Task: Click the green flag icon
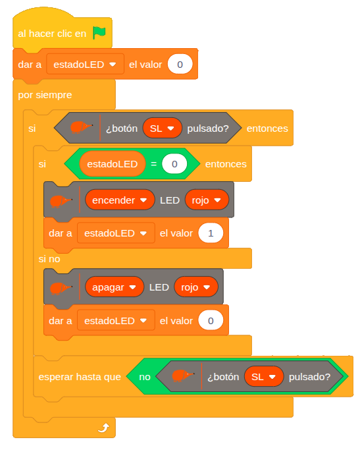click(x=99, y=33)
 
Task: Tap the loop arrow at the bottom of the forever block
click(x=103, y=428)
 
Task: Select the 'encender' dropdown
click(x=120, y=200)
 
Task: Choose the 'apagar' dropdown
click(x=115, y=287)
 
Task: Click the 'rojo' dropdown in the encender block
click(x=207, y=200)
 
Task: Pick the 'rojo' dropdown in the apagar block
click(x=196, y=287)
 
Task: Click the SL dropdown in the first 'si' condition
click(x=162, y=128)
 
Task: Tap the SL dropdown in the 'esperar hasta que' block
click(x=264, y=376)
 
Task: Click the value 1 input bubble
click(x=211, y=233)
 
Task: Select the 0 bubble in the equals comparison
click(x=174, y=164)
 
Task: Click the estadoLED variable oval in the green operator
click(x=113, y=164)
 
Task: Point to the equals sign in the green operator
click(x=153, y=164)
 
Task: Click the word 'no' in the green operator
click(x=145, y=377)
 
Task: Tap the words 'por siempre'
click(x=45, y=95)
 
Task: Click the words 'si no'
click(x=49, y=259)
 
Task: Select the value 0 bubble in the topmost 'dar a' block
click(x=180, y=65)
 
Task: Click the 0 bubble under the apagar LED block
click(x=211, y=321)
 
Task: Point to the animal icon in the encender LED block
click(x=61, y=201)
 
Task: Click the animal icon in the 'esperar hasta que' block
click(x=183, y=376)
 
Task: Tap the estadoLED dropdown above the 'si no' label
click(x=116, y=233)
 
